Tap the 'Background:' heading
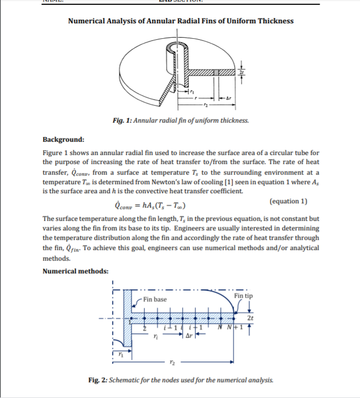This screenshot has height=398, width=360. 63,140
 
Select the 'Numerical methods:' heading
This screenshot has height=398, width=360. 75,271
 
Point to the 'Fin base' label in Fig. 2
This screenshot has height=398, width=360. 155,299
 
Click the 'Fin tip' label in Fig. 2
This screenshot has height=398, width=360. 243,296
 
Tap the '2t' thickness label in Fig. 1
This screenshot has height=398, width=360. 242,72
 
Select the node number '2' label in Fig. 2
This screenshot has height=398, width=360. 141,329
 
